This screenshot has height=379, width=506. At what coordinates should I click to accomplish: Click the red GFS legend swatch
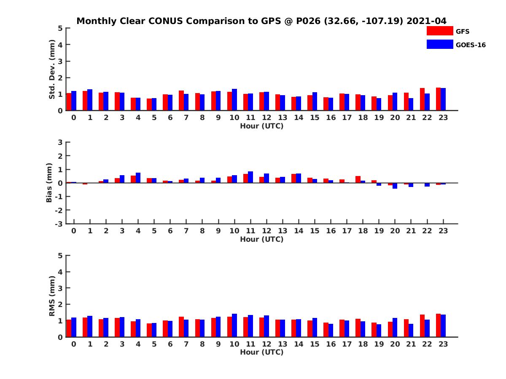pos(439,31)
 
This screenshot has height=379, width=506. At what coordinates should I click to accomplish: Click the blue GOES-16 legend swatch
pos(439,44)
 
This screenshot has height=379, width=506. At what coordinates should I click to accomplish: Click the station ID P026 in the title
pos(305,21)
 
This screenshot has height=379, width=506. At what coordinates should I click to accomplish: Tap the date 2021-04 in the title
pos(426,21)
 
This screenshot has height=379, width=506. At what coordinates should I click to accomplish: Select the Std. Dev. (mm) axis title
pos(52,69)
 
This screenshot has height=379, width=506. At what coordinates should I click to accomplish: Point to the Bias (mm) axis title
pos(49,183)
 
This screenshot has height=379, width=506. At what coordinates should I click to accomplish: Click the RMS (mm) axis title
pos(52,296)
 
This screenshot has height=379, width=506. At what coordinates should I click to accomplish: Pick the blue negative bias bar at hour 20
pos(395,186)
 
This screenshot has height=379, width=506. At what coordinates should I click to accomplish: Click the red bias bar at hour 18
pos(358,179)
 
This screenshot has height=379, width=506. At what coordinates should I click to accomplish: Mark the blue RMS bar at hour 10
pos(234,326)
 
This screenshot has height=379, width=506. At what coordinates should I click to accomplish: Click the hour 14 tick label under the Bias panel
pos(299,231)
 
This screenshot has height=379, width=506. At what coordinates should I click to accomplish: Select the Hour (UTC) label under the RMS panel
pos(261,352)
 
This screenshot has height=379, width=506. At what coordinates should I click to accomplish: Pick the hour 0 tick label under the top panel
pos(74,118)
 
